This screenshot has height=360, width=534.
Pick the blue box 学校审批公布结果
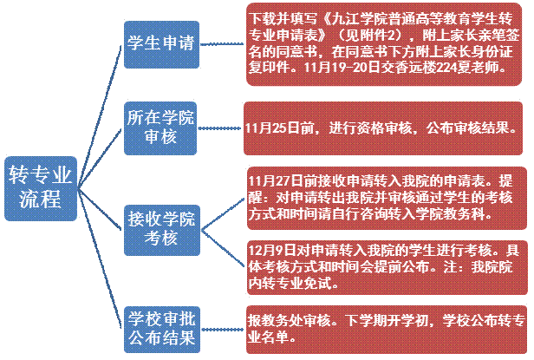tap(159, 323)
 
